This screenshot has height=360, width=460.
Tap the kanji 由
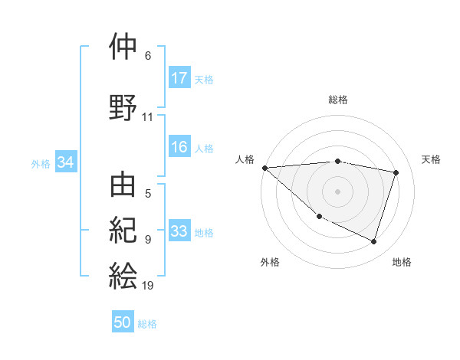[123, 185]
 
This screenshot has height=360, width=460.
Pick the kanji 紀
[123, 230]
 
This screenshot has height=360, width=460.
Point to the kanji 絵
[123, 274]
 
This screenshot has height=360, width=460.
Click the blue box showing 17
[179, 78]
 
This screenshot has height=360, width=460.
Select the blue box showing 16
[179, 148]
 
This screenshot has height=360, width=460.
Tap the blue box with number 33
[179, 232]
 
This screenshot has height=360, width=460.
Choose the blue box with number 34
[66, 162]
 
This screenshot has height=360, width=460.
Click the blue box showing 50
[123, 323]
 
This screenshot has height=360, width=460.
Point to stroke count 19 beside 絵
[148, 286]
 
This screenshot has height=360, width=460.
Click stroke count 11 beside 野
[148, 117]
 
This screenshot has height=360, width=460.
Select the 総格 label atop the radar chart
[338, 100]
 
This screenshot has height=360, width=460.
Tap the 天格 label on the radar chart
[432, 159]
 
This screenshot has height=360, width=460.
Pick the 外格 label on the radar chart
[270, 262]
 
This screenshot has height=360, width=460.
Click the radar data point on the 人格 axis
[264, 168]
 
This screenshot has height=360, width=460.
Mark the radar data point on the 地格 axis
[373, 241]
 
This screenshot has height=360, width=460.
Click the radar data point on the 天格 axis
[396, 172]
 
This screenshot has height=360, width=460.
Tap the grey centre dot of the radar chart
[337, 191]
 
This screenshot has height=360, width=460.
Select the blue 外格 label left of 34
[41, 163]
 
